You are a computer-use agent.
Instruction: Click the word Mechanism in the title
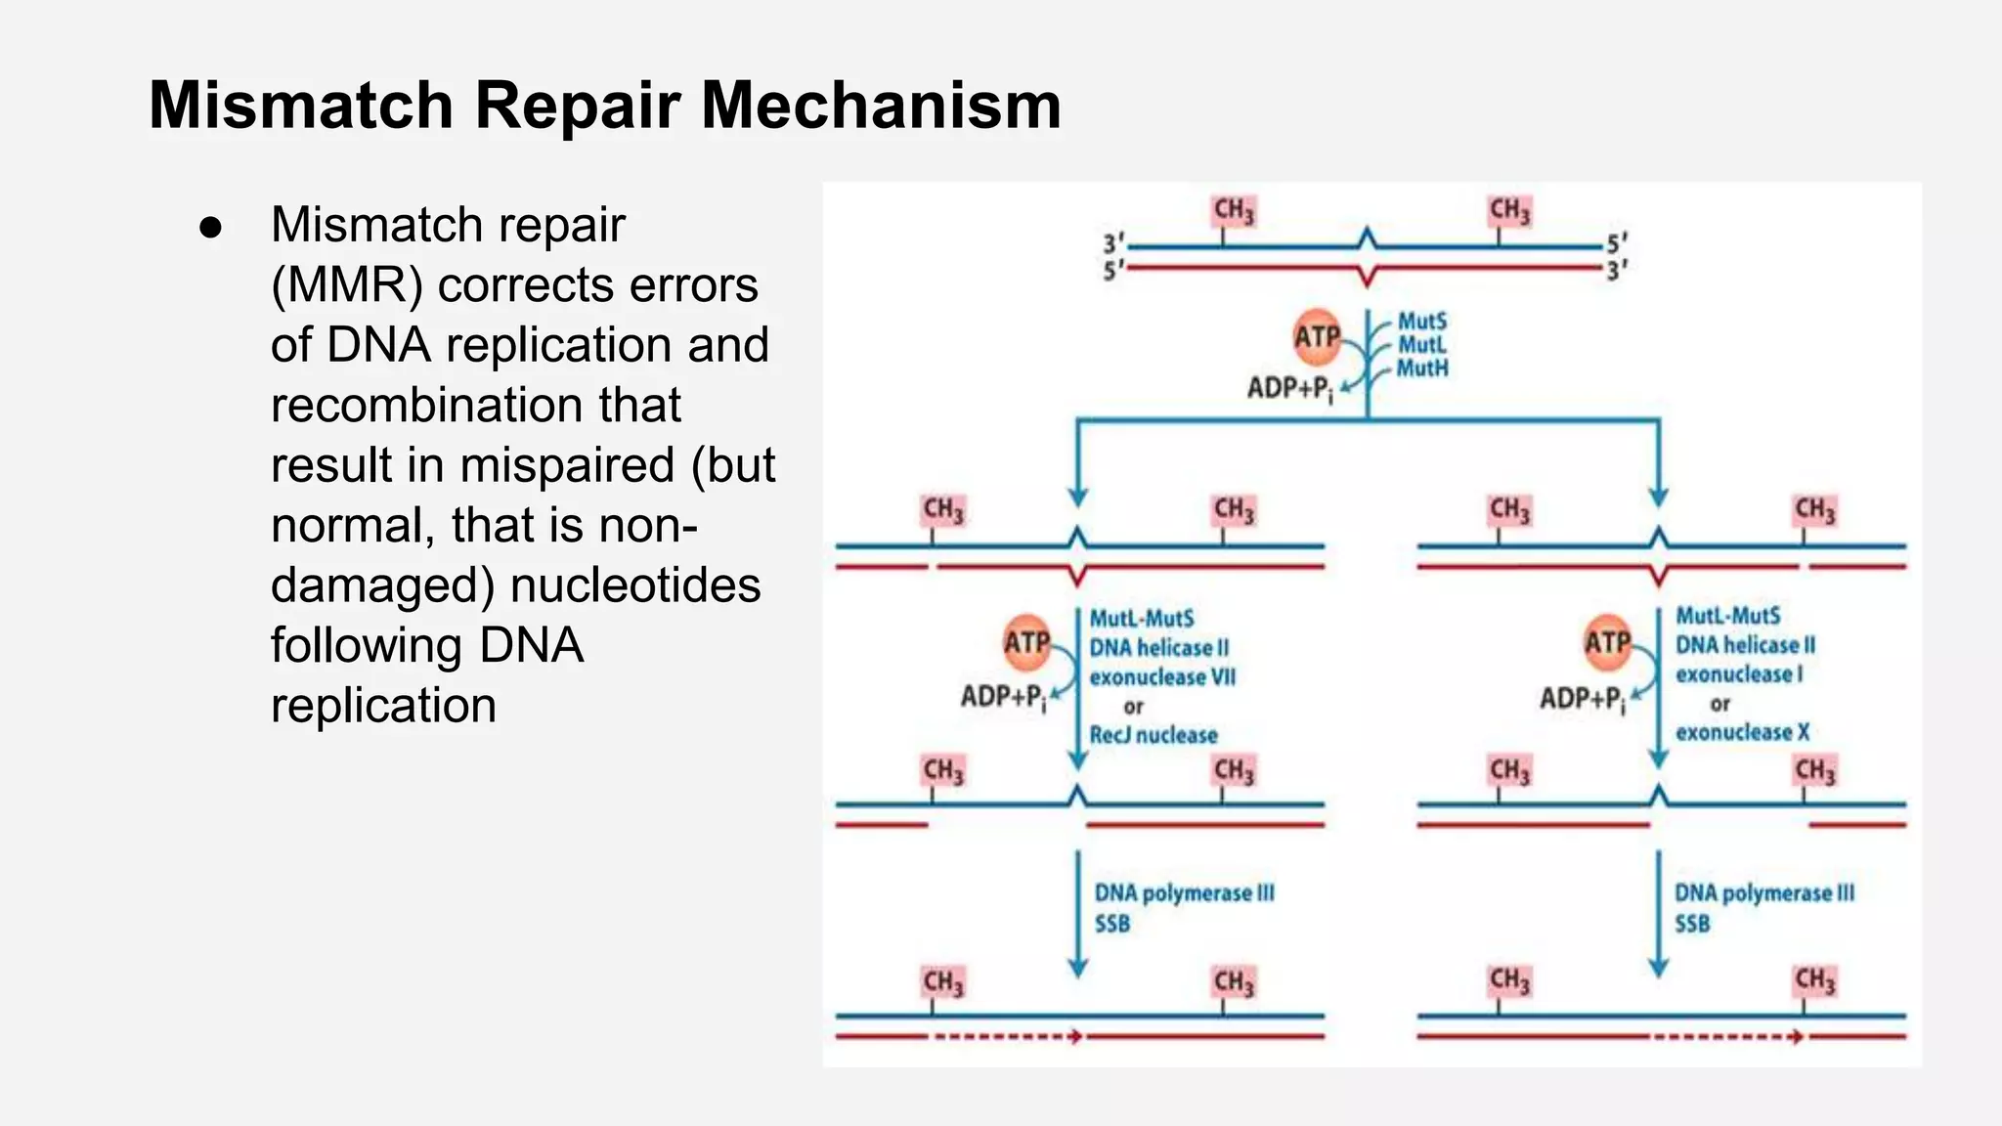tap(881, 105)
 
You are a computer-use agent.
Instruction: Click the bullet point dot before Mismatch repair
tap(210, 228)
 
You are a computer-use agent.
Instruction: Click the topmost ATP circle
tap(1317, 337)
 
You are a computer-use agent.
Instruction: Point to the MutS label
tap(1421, 321)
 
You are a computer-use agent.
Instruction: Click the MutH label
tap(1421, 368)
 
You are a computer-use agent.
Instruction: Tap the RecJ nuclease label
tap(1153, 735)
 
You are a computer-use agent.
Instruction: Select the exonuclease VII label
tap(1162, 676)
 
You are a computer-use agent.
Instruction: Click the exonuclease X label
tap(1742, 732)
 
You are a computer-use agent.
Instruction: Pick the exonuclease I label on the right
tap(1738, 673)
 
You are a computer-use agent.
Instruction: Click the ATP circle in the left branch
tap(1026, 642)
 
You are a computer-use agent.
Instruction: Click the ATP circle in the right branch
tap(1607, 642)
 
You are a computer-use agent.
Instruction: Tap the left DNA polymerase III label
tap(1184, 892)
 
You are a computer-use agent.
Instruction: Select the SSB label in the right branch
tap(1692, 924)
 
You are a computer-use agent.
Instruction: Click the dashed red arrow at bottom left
tap(1007, 1036)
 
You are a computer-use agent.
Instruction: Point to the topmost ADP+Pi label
tap(1289, 389)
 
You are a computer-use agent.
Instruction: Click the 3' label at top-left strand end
tap(1113, 243)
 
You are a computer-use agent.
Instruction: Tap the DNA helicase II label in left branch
tap(1158, 647)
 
